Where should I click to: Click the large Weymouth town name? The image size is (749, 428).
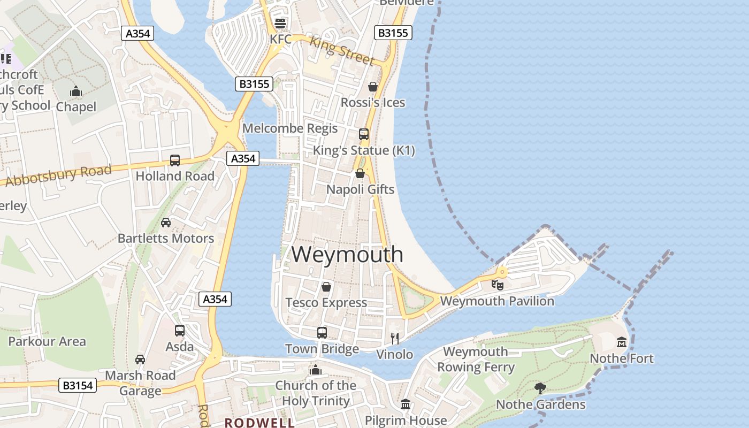click(347, 254)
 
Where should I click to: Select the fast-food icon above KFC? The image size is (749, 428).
click(280, 24)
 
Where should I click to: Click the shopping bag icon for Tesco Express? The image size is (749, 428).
click(326, 287)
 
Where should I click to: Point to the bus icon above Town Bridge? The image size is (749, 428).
click(322, 333)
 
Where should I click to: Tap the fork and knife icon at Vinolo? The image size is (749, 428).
click(395, 338)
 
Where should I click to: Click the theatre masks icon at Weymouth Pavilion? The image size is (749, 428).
click(497, 285)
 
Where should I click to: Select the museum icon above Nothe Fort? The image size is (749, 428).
click(622, 342)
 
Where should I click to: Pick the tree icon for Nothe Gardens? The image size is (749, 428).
click(540, 388)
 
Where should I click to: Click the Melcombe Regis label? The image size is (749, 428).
click(290, 128)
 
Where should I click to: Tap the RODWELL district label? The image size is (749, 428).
click(259, 423)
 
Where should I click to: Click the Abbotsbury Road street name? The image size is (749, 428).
click(58, 175)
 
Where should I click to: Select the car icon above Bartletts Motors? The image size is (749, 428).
click(166, 222)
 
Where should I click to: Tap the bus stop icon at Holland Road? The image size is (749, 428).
click(175, 160)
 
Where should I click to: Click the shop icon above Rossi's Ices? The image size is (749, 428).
click(373, 87)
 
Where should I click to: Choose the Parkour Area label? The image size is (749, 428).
click(47, 341)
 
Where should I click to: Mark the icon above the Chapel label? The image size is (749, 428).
click(76, 91)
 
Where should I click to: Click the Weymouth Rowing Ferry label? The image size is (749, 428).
click(476, 360)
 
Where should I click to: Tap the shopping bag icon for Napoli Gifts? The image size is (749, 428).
click(361, 174)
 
